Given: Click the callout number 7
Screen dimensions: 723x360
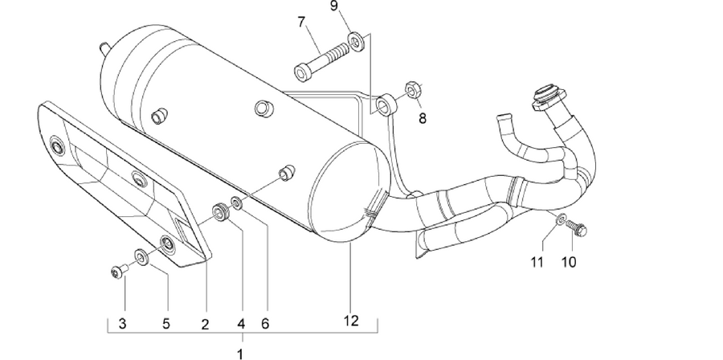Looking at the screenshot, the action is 301,22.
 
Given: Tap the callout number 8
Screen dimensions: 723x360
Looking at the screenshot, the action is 423,118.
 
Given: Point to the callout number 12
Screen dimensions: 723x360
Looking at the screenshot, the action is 351,321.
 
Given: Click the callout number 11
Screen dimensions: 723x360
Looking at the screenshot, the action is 537,262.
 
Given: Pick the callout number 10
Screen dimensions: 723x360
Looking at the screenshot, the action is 569,262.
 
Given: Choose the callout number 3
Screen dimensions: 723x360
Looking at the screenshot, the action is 122,324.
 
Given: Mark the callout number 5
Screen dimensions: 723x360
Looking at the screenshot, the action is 166,324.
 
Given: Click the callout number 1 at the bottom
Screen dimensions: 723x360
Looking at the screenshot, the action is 239,354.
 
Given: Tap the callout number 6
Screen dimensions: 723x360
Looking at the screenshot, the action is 264,324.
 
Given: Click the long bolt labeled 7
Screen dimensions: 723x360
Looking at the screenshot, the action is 321,61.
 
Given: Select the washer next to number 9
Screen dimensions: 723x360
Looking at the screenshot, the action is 357,41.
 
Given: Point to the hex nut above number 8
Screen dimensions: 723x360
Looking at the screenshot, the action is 412,89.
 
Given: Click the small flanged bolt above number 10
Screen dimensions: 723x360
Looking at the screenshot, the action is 576,227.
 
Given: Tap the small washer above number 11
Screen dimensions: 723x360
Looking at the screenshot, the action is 561,219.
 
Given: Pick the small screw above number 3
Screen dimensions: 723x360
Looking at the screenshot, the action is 119,272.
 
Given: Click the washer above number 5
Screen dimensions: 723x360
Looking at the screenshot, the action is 141,257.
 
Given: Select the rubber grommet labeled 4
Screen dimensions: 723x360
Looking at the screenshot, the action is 221,211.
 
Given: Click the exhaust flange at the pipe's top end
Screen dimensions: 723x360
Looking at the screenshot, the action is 549,98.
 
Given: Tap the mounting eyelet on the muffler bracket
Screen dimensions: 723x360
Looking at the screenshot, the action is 386,104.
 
